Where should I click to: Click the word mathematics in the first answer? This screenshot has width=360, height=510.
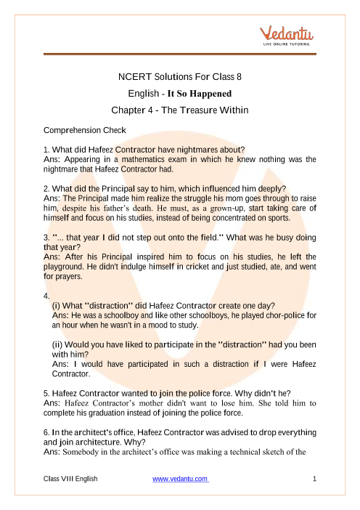(x=158, y=158)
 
